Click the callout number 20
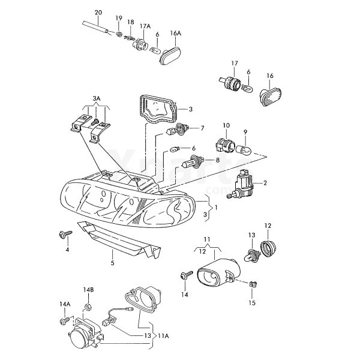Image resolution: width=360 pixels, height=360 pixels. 98,12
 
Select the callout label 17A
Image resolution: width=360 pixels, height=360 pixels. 145,26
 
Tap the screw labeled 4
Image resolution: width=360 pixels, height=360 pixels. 62,233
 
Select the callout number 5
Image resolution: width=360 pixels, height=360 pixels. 112,263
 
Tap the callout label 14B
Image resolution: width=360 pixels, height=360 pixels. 89,290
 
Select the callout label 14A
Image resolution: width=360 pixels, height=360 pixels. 65,305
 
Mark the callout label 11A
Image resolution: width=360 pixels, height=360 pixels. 163,336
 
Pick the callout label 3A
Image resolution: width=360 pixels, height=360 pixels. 97,98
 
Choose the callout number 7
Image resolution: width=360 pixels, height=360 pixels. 202,128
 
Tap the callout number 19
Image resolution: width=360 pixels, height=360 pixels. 119,18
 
